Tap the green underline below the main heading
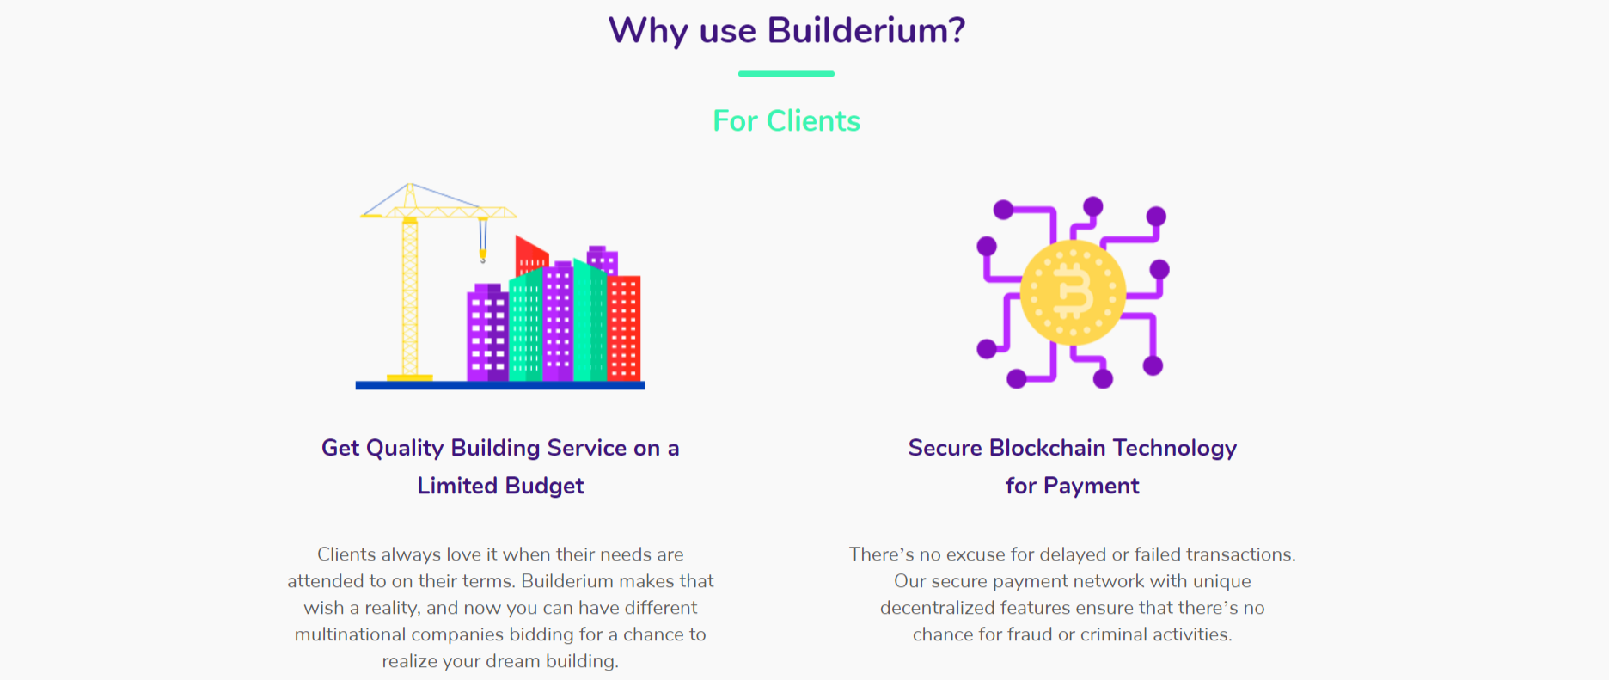tap(786, 74)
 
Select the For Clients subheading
tap(786, 121)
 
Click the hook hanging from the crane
tap(483, 254)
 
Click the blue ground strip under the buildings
tap(499, 385)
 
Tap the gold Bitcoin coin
tap(1073, 292)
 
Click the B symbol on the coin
tap(1073, 292)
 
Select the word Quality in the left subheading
tap(405, 448)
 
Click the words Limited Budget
tap(500, 486)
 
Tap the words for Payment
tap(1072, 486)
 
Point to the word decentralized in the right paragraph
tap(938, 608)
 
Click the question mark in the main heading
tap(956, 31)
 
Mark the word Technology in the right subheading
tap(1174, 448)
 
